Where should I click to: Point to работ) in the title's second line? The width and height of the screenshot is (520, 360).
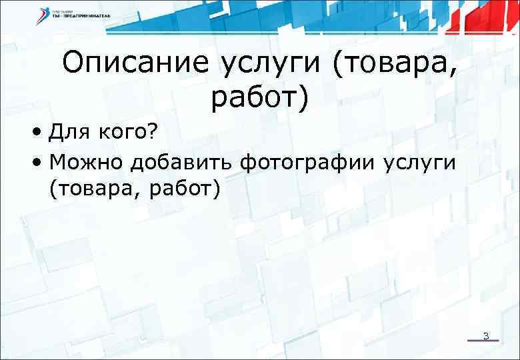[261, 98]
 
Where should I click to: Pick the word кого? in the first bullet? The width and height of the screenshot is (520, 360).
[129, 134]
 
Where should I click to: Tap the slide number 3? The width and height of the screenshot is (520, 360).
[486, 335]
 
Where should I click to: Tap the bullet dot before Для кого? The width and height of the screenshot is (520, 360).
[41, 134]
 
